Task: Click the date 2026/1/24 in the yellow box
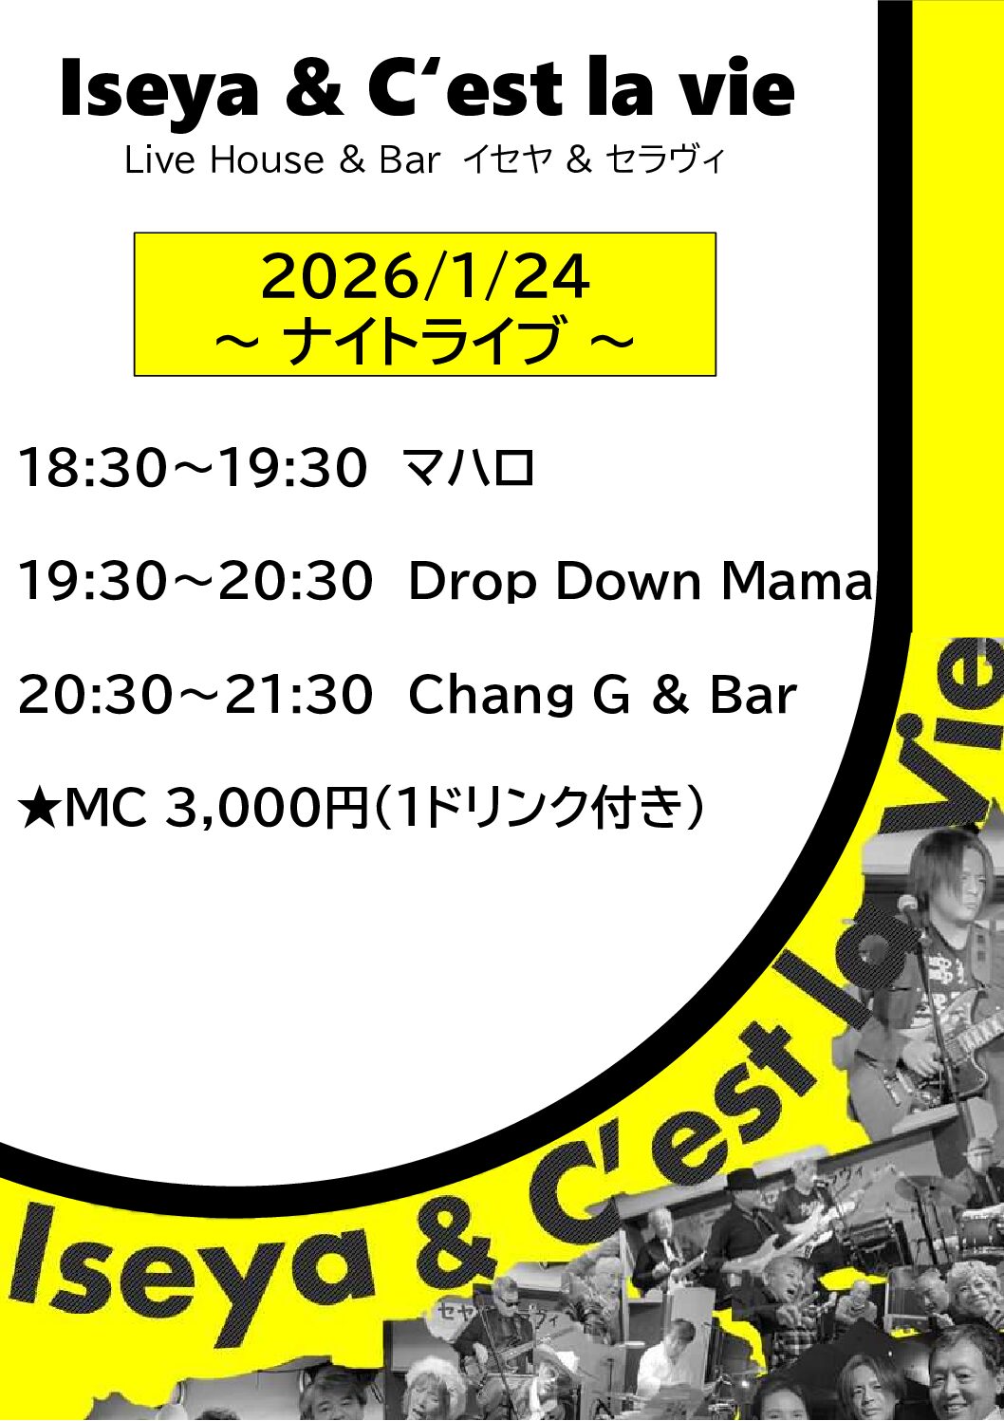pos(425,276)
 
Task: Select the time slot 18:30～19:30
pos(193,468)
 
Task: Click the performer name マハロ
pos(469,468)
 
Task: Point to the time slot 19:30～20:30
pos(195,581)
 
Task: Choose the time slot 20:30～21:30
pos(195,695)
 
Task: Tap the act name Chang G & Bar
pos(602,695)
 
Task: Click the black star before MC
pos(39,809)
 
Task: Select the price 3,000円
pos(267,809)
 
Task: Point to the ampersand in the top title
pos(313,90)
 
